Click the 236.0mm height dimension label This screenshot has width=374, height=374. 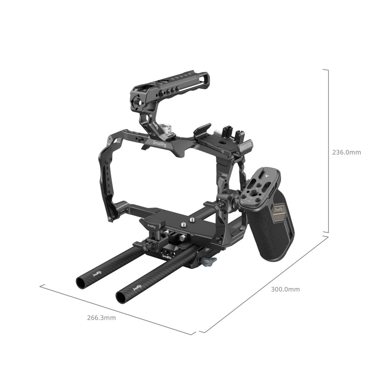coord(346,152)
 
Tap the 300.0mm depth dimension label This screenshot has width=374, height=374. coord(285,289)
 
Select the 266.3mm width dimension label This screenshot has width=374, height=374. coord(101,318)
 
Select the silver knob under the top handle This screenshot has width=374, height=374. coord(167,128)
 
